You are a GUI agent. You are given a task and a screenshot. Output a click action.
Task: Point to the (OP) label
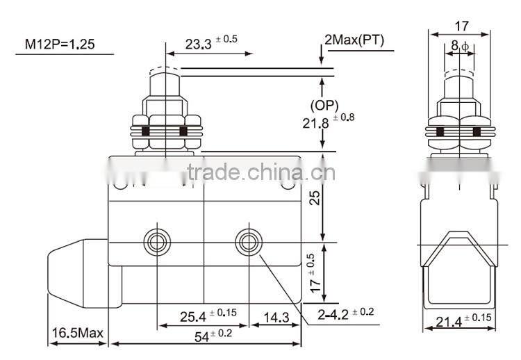324,106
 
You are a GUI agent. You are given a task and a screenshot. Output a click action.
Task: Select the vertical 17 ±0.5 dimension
317,275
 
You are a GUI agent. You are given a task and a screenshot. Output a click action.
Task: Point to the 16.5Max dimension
76,334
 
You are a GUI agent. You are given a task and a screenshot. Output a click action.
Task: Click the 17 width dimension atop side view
461,26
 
